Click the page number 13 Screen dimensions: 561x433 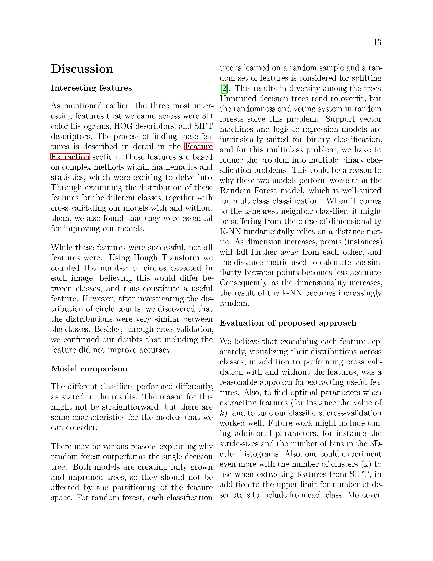point(377,42)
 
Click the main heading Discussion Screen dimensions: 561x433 point(82,69)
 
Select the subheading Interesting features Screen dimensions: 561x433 point(91,88)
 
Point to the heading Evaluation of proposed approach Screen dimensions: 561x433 point(288,323)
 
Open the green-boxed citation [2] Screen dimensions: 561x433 point(224,89)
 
